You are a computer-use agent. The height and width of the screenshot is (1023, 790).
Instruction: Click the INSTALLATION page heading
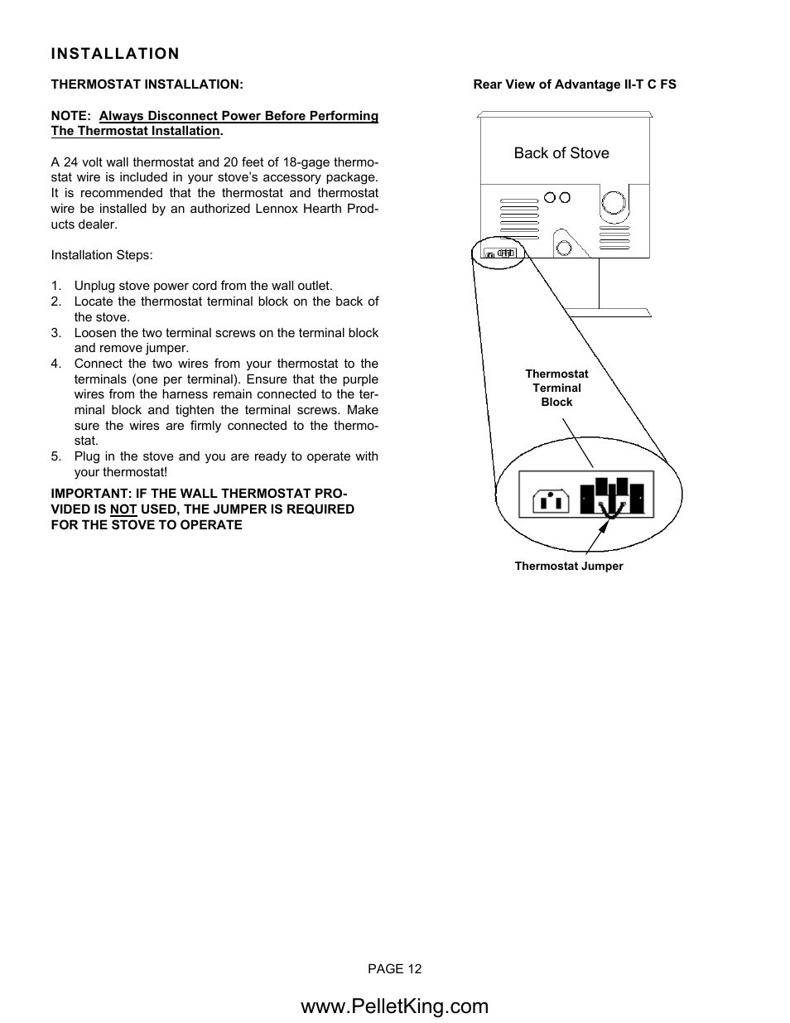coord(115,54)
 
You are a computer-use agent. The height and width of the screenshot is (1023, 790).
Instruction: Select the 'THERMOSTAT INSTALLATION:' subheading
coord(147,84)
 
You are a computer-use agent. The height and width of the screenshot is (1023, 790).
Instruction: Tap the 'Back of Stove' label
coord(561,153)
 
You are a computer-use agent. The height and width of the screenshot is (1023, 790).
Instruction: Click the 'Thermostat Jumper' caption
coord(569,567)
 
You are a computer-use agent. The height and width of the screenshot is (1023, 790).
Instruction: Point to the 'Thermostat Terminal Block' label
coord(556,388)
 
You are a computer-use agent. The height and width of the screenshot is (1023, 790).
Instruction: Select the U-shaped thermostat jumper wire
coord(611,511)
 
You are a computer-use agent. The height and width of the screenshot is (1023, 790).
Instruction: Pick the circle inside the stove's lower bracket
coord(564,246)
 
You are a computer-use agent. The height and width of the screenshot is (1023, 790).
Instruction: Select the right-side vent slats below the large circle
coord(614,239)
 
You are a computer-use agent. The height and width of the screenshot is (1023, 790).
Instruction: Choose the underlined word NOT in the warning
coord(123,509)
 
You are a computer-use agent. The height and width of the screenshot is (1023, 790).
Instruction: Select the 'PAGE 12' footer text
coord(395,969)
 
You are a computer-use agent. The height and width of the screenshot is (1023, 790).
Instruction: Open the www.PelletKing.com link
coord(395,1006)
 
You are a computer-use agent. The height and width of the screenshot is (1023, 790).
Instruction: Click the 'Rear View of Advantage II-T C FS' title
coord(575,84)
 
